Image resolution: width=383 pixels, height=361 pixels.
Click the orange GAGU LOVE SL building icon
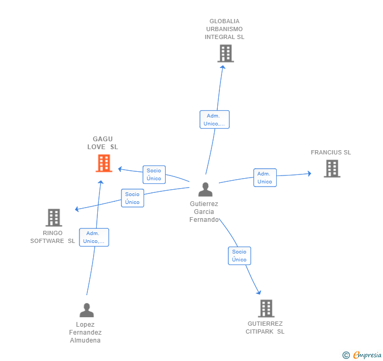104,163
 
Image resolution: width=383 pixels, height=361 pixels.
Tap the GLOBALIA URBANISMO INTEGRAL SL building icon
225,53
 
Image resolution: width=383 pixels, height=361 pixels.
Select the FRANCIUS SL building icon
331,168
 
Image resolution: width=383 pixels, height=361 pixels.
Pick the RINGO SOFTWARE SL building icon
54,217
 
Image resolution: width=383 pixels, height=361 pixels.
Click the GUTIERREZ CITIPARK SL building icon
266,308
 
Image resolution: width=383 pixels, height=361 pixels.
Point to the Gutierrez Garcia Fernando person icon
205,189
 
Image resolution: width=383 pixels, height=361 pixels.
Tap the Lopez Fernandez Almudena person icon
86,310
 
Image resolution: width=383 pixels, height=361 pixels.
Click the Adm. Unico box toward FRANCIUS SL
265,178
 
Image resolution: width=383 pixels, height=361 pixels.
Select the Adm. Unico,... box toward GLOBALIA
214,120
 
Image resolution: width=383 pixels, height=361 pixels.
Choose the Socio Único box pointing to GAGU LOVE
154,174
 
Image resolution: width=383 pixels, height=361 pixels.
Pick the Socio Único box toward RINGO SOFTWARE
133,198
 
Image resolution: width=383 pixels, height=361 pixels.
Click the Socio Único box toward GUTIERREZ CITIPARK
239,256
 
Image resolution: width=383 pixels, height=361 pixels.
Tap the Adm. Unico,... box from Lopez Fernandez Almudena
94,237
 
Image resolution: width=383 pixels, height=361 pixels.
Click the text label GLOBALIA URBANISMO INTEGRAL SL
225,29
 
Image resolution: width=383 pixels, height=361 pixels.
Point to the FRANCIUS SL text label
330,152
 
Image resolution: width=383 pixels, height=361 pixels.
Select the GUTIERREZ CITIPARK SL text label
265,328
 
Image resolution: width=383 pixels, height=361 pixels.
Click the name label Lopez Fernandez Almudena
85,332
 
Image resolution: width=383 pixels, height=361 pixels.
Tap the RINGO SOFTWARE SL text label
53,237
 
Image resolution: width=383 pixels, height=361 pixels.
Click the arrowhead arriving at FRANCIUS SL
309,173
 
